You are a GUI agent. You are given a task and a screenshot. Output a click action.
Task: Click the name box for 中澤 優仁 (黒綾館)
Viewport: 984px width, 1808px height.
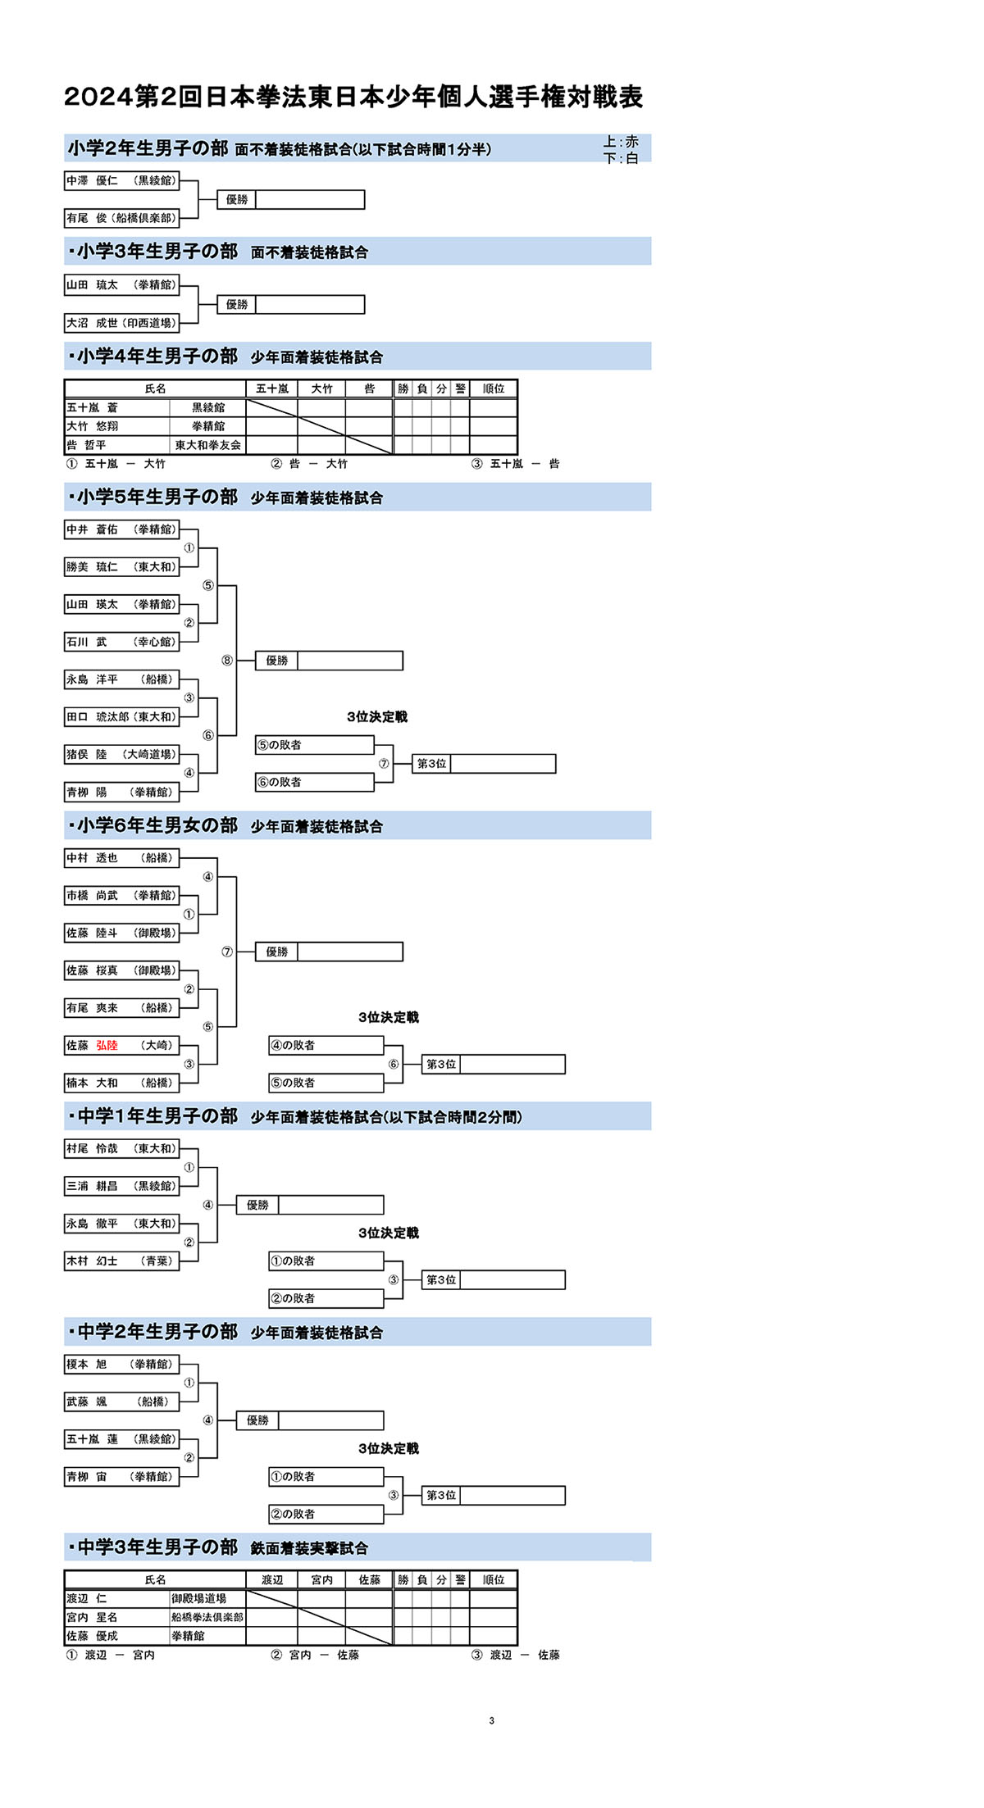click(x=121, y=180)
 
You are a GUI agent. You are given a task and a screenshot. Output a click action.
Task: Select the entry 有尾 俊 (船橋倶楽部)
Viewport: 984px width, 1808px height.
click(x=121, y=218)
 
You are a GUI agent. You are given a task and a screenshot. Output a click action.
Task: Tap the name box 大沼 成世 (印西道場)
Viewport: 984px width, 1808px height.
click(x=121, y=323)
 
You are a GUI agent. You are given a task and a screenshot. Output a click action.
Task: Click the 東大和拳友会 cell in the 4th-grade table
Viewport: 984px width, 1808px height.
click(x=207, y=445)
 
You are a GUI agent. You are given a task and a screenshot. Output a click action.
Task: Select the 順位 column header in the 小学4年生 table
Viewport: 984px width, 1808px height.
click(x=493, y=388)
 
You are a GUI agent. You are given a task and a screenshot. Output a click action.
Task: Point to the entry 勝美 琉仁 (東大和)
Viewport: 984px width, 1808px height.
click(x=121, y=567)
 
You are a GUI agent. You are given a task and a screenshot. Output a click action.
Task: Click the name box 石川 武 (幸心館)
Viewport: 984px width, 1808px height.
click(x=121, y=642)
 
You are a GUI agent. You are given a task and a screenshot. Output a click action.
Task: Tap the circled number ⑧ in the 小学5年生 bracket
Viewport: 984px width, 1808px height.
click(x=227, y=661)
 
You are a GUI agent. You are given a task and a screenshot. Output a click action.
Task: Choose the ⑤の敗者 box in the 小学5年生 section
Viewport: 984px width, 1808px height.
click(x=314, y=745)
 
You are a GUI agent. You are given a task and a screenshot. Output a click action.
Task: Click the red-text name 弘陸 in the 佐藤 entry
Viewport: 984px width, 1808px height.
click(x=107, y=1046)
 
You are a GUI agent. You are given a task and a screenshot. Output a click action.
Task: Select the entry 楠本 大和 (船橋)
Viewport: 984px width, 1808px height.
click(x=121, y=1083)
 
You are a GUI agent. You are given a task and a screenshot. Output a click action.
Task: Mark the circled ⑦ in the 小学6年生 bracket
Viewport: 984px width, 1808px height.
click(x=227, y=952)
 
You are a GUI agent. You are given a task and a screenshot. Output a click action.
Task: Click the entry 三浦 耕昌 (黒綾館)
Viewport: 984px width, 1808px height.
click(x=121, y=1186)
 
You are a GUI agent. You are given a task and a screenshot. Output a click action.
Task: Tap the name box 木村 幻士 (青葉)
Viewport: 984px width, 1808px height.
click(x=121, y=1261)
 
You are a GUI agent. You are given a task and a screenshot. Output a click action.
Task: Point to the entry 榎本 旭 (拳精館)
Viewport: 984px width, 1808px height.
click(x=121, y=1365)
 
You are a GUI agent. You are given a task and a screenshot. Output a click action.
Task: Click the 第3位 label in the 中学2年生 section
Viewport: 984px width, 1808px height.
click(x=441, y=1496)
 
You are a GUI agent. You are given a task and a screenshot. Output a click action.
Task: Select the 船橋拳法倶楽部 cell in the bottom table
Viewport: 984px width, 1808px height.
click(x=207, y=1617)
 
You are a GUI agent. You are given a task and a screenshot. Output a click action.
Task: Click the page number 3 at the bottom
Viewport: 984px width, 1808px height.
click(x=491, y=1720)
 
